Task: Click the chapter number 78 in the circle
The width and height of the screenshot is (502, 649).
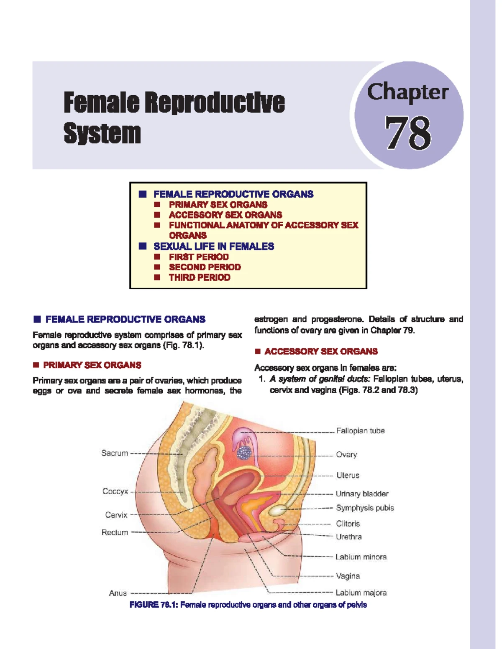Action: (408, 133)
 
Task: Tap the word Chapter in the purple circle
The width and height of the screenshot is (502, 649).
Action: (408, 92)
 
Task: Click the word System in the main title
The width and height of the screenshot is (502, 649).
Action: (102, 133)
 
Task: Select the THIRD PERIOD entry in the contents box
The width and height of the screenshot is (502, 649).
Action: (200, 277)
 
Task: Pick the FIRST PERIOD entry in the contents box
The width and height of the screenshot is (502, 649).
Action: (199, 257)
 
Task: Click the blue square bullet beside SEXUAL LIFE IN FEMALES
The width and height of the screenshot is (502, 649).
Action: (143, 246)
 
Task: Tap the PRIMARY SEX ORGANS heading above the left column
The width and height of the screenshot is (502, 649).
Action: (92, 365)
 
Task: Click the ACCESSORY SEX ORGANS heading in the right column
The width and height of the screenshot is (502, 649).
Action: (321, 351)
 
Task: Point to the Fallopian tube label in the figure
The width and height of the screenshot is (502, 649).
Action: (360, 431)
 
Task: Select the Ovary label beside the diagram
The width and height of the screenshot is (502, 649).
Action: (346, 455)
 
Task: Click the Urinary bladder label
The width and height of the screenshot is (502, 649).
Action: (362, 494)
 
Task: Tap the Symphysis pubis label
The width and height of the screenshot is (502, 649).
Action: (365, 508)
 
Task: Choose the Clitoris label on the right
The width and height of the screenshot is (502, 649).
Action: (348, 524)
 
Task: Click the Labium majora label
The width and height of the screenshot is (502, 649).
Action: (361, 593)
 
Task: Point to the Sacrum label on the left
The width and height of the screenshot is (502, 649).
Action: (115, 453)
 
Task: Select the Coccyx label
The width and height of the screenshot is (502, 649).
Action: (115, 491)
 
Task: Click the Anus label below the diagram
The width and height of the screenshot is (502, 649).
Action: (118, 593)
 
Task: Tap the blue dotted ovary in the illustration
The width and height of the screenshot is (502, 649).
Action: (244, 453)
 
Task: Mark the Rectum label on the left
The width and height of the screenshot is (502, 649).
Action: (115, 532)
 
